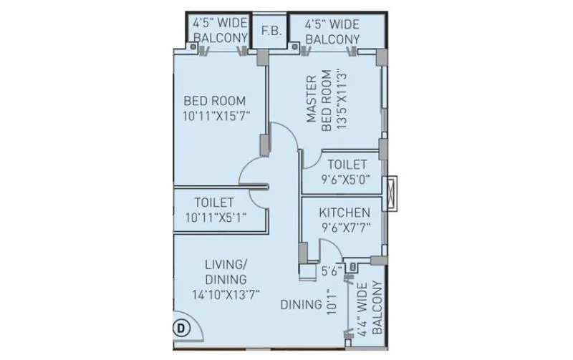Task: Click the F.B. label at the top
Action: point(271,31)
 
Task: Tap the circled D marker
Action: point(180,329)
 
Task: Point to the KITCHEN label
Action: point(345,213)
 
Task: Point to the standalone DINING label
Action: point(301,305)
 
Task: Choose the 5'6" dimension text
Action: point(329,271)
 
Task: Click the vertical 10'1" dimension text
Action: point(330,301)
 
